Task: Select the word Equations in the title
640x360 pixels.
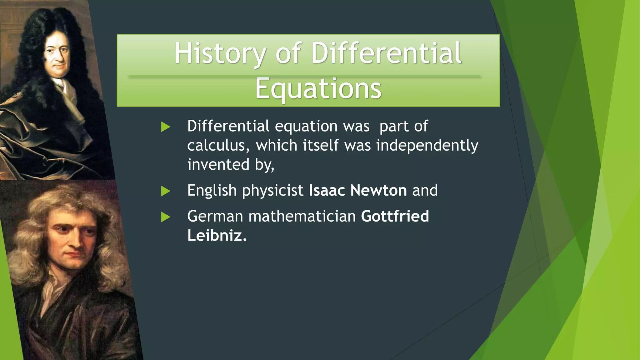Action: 318,89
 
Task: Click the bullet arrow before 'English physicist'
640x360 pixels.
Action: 165,191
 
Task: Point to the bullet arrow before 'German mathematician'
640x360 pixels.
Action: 165,217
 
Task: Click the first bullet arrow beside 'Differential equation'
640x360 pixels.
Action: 165,127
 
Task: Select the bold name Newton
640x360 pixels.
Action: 378,190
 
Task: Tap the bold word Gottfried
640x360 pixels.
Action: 395,216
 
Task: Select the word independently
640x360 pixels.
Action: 427,146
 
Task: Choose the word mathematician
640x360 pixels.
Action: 302,216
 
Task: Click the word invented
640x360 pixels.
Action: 218,165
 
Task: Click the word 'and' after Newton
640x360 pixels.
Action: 425,190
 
